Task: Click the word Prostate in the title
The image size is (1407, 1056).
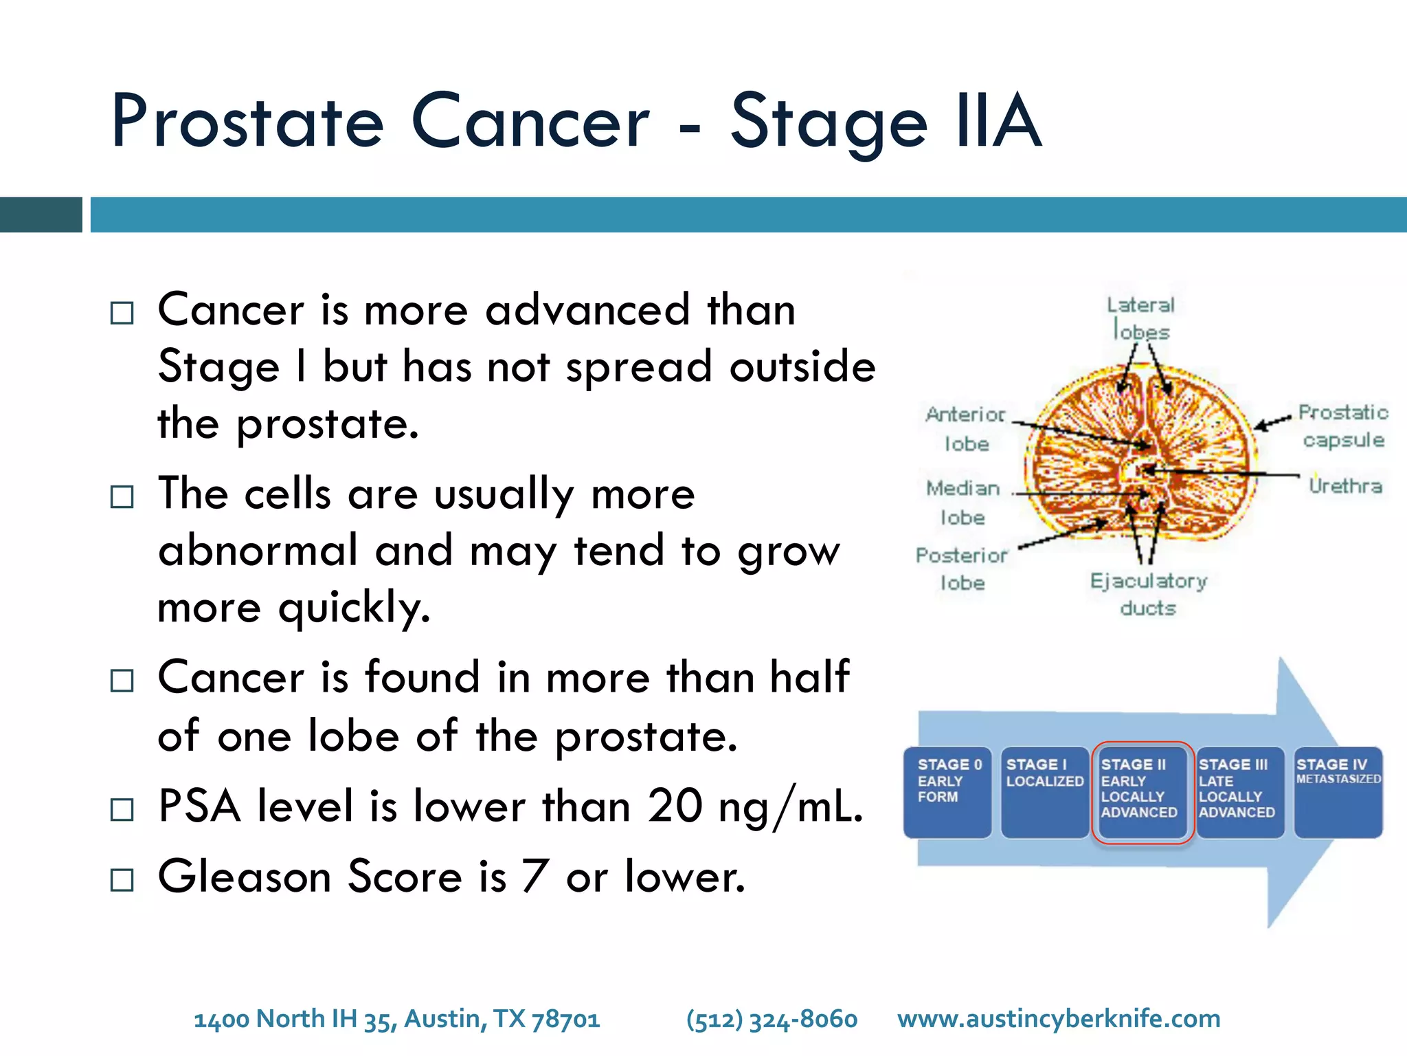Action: [x=247, y=122]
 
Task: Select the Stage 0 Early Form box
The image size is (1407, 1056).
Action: [x=947, y=792]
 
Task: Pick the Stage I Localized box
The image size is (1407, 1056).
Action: [x=1044, y=792]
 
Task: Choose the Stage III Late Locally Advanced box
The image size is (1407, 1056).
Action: [x=1239, y=792]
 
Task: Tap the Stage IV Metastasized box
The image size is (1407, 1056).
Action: [x=1338, y=792]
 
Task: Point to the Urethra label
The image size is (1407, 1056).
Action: [x=1344, y=486]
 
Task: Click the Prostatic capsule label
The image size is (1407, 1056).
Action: [x=1343, y=426]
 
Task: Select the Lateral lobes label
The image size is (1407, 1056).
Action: [x=1141, y=318]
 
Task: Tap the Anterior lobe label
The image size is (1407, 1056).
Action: [x=965, y=428]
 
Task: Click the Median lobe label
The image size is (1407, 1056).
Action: [x=963, y=502]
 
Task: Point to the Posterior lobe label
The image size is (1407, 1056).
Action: [x=962, y=569]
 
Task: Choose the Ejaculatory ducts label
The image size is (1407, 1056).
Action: [x=1148, y=594]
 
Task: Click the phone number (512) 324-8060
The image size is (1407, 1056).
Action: [x=772, y=1019]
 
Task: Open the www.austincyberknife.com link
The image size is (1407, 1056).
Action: [x=1059, y=1019]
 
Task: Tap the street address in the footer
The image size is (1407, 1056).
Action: [x=397, y=1019]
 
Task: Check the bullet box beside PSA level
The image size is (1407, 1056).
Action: [x=122, y=809]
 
